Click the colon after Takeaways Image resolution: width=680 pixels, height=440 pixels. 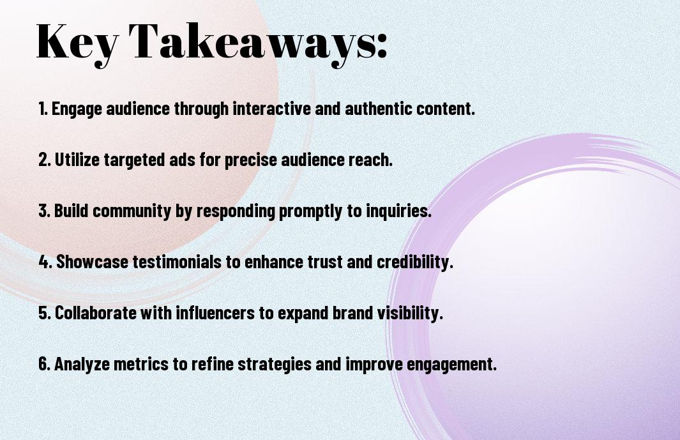point(382,46)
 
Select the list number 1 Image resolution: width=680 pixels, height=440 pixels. point(43,109)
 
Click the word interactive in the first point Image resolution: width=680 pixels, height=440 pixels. point(272,109)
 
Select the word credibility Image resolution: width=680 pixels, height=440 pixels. point(415,262)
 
